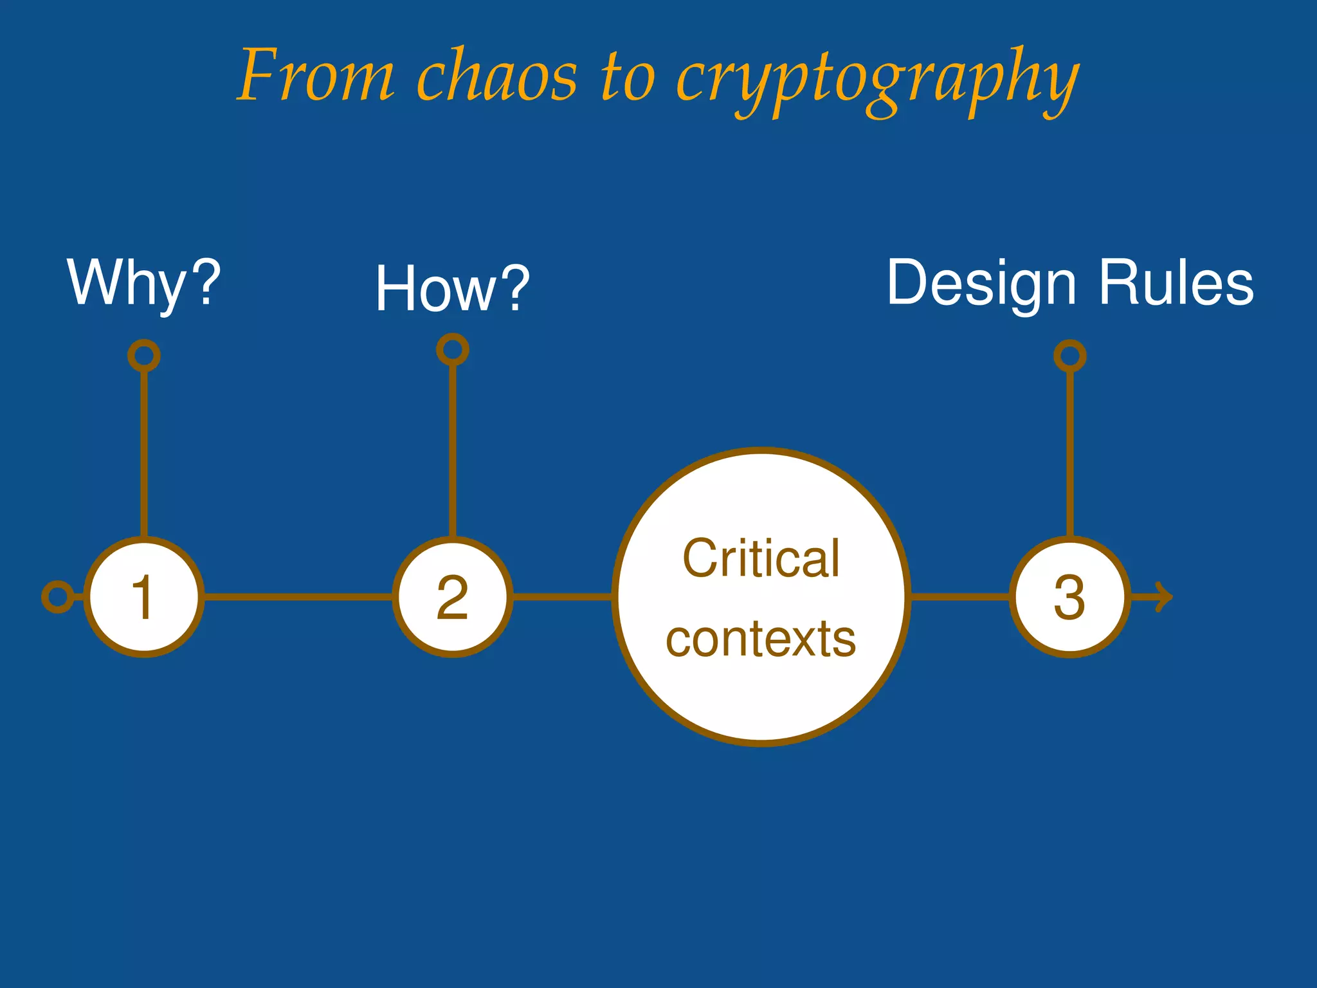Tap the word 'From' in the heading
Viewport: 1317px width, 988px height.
[x=316, y=76]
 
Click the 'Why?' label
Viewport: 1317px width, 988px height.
[x=144, y=283]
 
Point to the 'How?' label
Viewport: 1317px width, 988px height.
[x=452, y=289]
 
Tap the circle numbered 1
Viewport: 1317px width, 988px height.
[x=144, y=597]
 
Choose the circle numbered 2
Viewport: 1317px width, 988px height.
[x=453, y=597]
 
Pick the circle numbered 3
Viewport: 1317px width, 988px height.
[x=1069, y=597]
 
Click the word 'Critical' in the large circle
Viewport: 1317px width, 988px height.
[x=761, y=558]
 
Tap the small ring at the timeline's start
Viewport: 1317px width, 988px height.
[x=58, y=597]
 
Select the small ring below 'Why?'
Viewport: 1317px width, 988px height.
[x=144, y=356]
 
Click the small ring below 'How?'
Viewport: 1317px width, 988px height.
[x=453, y=350]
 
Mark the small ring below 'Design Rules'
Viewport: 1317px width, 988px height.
[x=1070, y=356]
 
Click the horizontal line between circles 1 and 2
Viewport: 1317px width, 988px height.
[x=298, y=597]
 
